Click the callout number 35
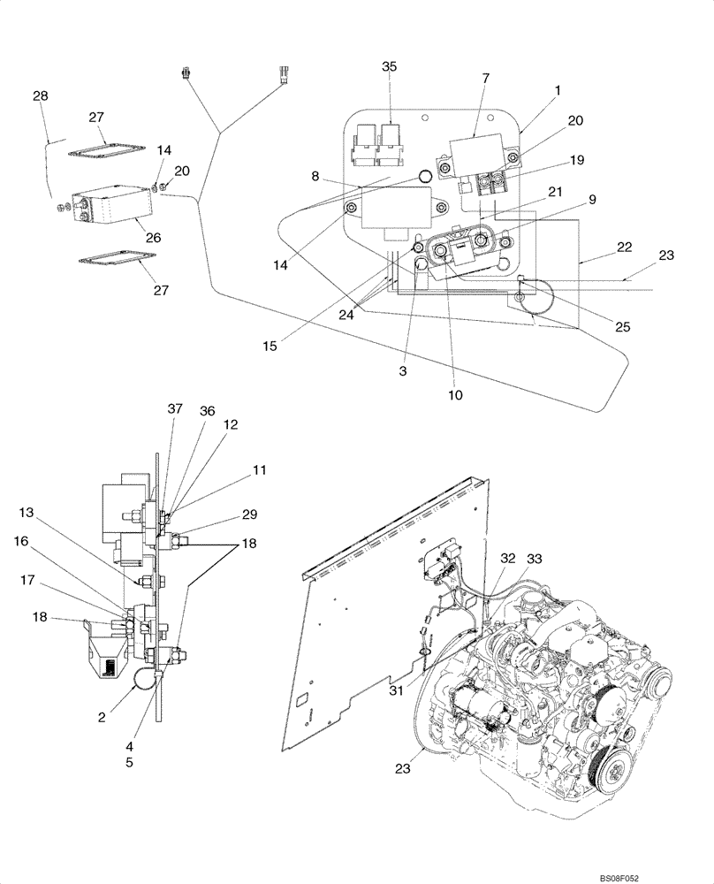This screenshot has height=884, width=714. pyautogui.click(x=390, y=67)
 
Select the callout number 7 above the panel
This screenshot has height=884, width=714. pyautogui.click(x=485, y=79)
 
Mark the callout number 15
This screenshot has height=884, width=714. pyautogui.click(x=270, y=346)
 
